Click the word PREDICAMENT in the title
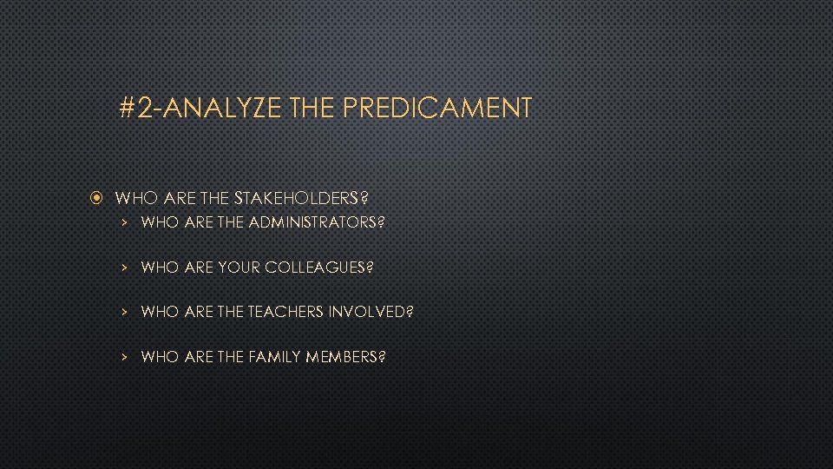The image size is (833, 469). click(x=437, y=109)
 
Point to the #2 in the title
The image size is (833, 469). click(x=139, y=109)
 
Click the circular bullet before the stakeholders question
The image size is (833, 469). click(x=98, y=198)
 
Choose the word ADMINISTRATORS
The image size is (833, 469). click(x=312, y=222)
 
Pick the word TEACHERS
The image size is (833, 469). click(x=286, y=312)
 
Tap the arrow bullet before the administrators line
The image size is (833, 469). click(x=125, y=222)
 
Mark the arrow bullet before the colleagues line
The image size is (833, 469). click(x=125, y=268)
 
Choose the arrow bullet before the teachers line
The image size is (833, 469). click(x=125, y=312)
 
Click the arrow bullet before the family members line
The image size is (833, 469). click(x=125, y=357)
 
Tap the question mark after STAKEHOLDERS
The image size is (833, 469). click(x=376, y=198)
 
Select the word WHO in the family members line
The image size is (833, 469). click(x=160, y=357)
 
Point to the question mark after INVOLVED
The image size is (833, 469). click(x=410, y=312)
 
